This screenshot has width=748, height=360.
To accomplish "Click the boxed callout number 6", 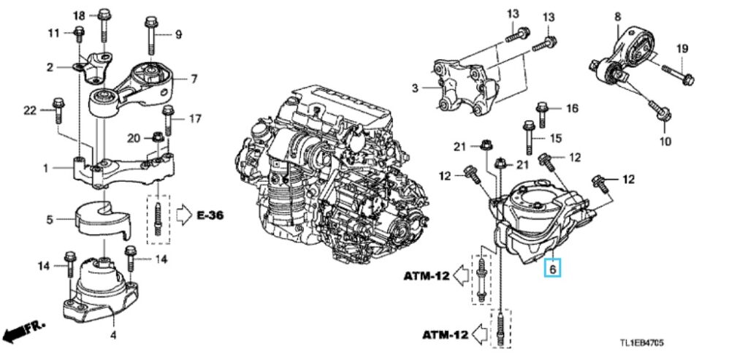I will click(553, 269).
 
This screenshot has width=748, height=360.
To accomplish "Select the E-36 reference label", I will click(210, 215).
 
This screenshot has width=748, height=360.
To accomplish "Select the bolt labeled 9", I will click(150, 32).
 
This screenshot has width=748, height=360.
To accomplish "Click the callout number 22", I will click(29, 110).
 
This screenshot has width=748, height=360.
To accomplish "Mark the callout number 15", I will click(556, 138).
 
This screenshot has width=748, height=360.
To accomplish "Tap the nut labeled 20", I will click(156, 136).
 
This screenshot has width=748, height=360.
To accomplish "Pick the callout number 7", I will click(194, 77).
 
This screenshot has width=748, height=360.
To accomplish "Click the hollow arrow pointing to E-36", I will click(182, 215).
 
